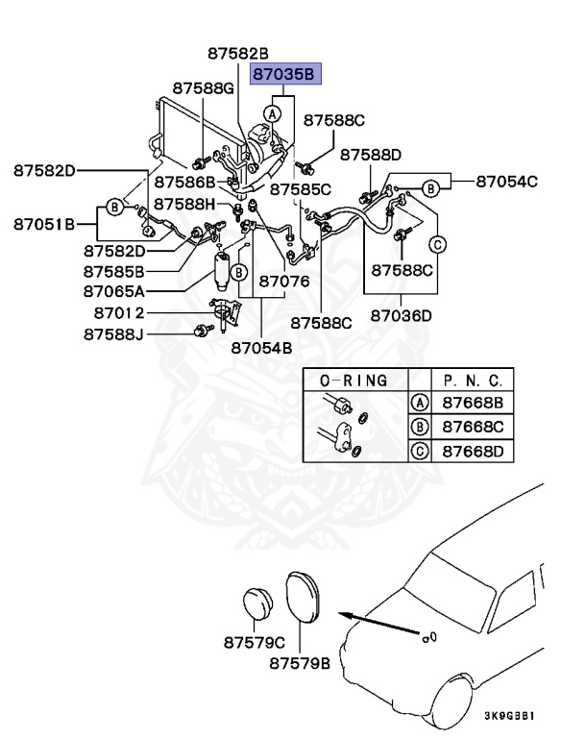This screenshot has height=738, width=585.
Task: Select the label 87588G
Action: pos(204,88)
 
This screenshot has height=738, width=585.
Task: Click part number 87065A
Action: pos(114,290)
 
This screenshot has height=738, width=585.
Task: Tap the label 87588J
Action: pos(114,334)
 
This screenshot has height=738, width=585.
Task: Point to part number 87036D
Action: pos(402,315)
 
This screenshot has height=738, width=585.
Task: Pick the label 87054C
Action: pos(507,181)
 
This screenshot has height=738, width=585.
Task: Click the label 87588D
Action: pos(370,154)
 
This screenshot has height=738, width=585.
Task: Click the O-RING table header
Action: pos(353,381)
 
